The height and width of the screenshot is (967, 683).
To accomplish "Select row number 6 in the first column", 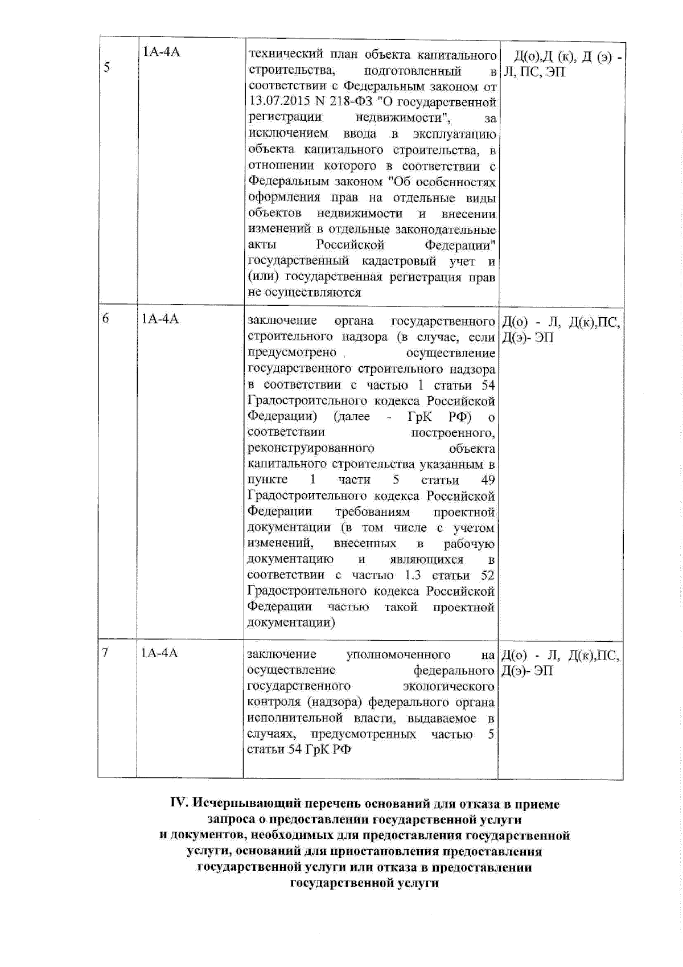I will (106, 319).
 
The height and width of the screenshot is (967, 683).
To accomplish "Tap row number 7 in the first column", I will (105, 653).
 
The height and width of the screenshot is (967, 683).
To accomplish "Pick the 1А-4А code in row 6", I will (160, 319).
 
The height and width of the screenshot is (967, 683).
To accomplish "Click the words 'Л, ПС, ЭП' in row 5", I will (534, 72).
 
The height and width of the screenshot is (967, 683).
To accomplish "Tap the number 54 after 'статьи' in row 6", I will (488, 385).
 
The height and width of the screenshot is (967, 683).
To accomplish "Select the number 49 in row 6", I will (488, 480).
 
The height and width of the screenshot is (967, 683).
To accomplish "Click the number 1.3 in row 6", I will (413, 575).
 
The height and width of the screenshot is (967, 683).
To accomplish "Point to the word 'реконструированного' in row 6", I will (311, 448).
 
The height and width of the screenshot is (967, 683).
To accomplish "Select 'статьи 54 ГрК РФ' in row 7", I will (299, 749).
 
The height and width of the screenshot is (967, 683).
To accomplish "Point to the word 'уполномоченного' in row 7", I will (398, 654).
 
